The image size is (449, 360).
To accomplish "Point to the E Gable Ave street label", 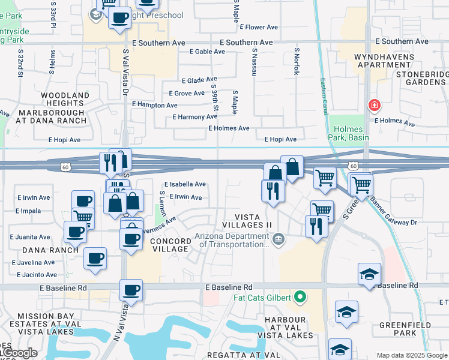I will click(x=207, y=52).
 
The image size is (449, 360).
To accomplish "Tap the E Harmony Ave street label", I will click(x=194, y=117).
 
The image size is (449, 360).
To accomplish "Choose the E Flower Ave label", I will click(x=259, y=27).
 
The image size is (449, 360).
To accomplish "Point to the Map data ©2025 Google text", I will click(x=412, y=355).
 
